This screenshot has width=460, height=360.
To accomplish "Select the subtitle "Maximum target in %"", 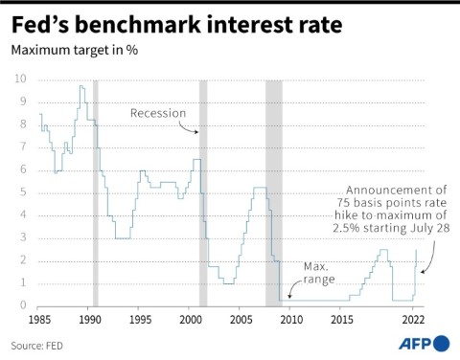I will (x=75, y=50).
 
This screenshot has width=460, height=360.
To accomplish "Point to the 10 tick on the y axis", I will (x=19, y=79).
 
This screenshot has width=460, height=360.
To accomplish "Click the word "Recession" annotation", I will (x=157, y=113).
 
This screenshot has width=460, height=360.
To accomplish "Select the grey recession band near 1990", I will (x=95, y=191).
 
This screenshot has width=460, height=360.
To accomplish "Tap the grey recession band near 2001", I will (x=203, y=191).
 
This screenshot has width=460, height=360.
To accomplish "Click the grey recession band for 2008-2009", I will (x=274, y=191).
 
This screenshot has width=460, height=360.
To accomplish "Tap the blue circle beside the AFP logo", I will (x=442, y=342).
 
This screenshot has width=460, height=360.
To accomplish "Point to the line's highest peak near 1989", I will (x=81, y=86).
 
